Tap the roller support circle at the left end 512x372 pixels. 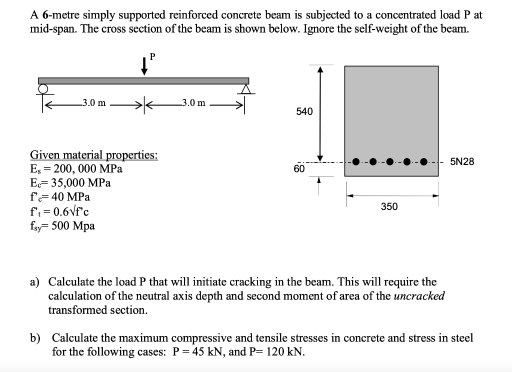click(43, 88)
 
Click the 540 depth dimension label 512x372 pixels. click(304, 111)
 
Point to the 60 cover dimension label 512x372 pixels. click(299, 169)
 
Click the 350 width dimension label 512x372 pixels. click(389, 206)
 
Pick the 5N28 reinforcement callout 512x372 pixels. click(462, 161)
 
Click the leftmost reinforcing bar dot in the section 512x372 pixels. click(355, 162)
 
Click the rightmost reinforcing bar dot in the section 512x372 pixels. click(424, 162)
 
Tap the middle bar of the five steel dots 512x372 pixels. click(390, 162)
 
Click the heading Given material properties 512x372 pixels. click(94, 154)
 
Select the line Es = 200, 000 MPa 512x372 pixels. click(76, 168)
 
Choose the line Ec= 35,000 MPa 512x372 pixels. click(70, 182)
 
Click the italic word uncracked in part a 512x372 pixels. click(419, 295)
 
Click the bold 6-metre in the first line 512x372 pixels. click(56, 14)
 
